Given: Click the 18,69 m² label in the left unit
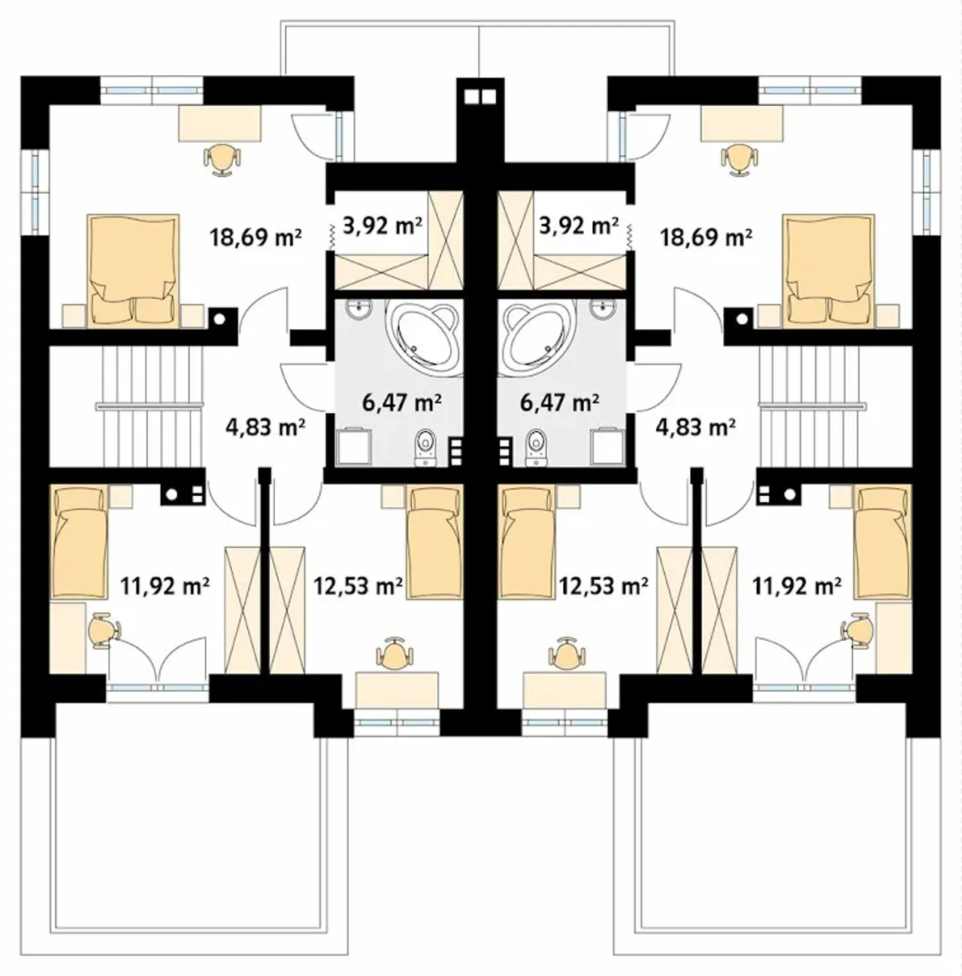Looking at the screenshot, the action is pos(256,237).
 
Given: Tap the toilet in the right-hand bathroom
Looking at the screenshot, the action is pos(534,448).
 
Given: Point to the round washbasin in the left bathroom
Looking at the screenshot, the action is pos(359,307).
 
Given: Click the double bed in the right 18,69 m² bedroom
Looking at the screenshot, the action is pos(828,270).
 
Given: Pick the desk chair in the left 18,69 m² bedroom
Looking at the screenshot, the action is pos(222,159).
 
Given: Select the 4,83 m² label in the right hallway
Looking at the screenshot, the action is pos(695,427).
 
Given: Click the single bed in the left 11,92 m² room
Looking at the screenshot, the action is pos(79,541).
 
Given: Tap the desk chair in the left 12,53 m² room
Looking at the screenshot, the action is pos(394,653).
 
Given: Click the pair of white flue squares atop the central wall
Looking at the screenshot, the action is pos(480,97).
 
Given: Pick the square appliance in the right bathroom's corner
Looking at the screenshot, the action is pos(608,446).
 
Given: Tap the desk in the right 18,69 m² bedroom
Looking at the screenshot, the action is pos(742,123).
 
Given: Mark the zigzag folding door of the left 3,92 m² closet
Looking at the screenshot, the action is pos(331,237).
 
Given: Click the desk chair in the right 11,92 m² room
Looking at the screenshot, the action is pos(857,630).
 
